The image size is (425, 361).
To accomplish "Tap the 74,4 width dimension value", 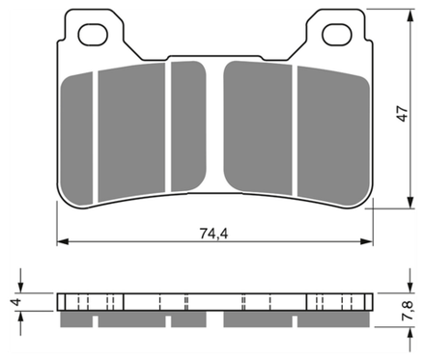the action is [213, 234].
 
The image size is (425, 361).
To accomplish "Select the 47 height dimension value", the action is [403, 113].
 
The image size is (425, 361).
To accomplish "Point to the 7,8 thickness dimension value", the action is [408, 310].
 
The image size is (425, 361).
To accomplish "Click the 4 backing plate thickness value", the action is [16, 302].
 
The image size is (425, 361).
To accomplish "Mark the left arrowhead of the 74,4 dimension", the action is [63, 241].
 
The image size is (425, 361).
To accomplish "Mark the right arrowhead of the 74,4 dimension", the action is [367, 241].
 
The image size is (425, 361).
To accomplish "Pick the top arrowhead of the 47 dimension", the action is [411, 15].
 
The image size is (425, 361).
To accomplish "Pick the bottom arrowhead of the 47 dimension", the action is [411, 202].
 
